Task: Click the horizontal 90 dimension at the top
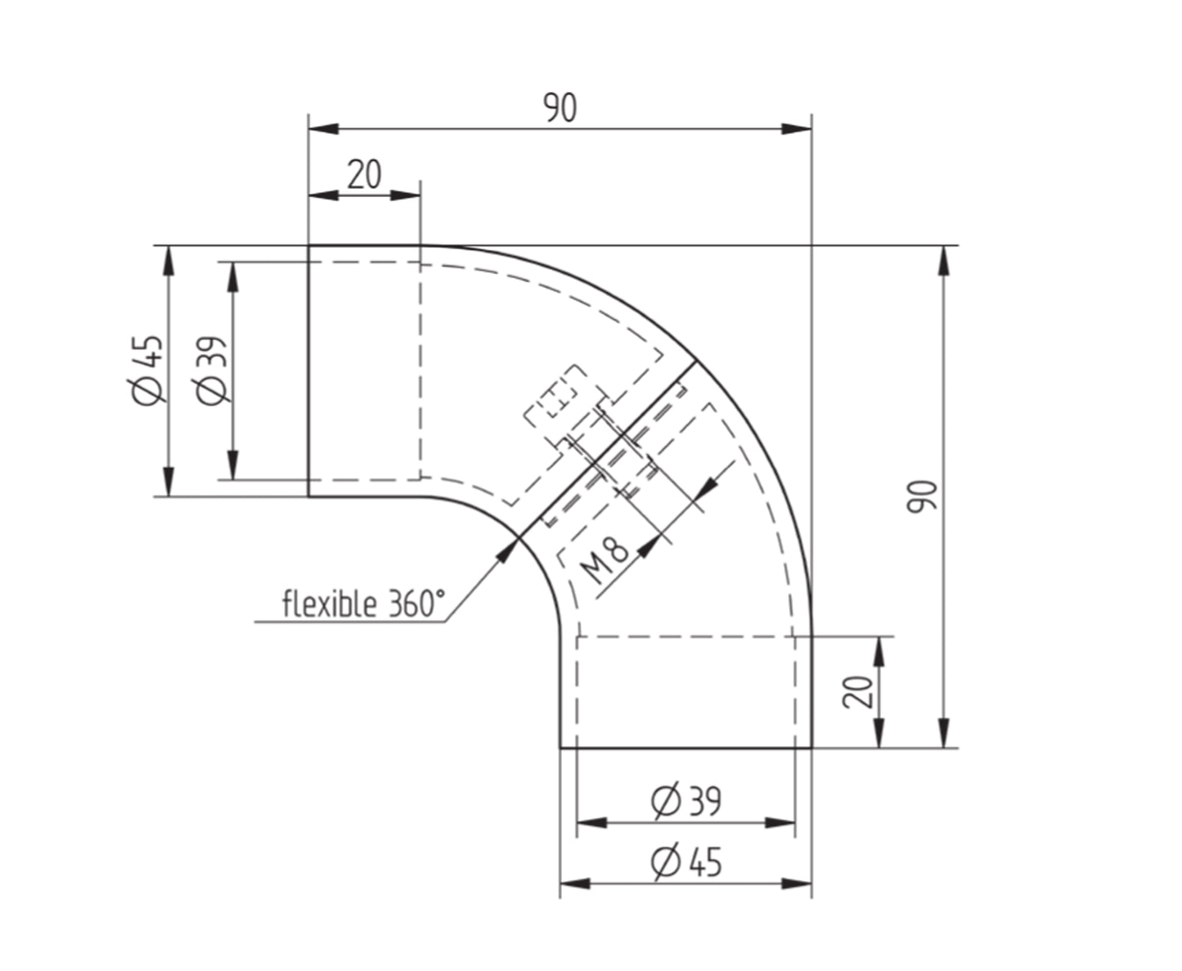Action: click(560, 108)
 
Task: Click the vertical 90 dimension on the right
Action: click(923, 497)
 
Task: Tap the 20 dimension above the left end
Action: click(364, 174)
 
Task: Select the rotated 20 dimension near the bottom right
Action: click(858, 692)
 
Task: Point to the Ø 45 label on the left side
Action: click(148, 370)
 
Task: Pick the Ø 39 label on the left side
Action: click(213, 370)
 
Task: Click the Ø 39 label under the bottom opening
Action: click(686, 801)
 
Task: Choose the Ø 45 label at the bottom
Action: click(686, 861)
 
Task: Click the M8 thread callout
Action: click(604, 560)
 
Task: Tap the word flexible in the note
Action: click(330, 604)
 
